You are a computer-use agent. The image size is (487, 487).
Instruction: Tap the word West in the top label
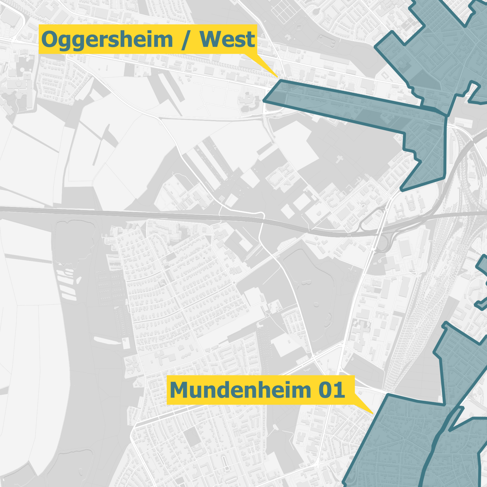pos(227,39)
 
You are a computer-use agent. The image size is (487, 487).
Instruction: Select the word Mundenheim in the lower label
pos(240,390)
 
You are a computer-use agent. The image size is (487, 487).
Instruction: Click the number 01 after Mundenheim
pos(331,390)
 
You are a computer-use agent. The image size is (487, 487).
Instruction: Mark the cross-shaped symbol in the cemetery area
pos(340,159)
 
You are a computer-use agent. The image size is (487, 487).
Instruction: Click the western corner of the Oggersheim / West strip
pos(263,100)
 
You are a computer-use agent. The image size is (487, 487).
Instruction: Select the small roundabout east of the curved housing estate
pos(234,282)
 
